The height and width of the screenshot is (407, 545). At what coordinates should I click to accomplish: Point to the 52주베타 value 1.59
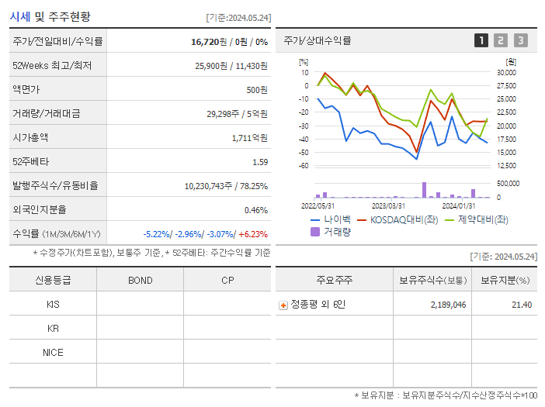click(x=259, y=162)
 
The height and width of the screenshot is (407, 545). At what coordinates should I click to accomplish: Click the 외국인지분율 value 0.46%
click(x=255, y=210)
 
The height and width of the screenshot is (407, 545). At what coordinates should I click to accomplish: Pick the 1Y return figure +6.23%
click(x=252, y=234)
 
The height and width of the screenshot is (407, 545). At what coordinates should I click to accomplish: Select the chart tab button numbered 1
click(x=481, y=40)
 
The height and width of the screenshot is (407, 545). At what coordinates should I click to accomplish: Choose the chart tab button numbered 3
click(x=520, y=40)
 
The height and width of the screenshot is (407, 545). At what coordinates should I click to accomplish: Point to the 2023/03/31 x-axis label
click(x=388, y=205)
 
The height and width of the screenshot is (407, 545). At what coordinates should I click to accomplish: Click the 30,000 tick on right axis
click(x=505, y=73)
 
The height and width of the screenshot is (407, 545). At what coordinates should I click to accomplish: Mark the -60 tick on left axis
click(x=304, y=166)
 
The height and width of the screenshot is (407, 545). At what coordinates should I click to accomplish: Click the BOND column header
click(x=140, y=281)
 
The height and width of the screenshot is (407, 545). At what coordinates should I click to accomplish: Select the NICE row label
click(x=53, y=353)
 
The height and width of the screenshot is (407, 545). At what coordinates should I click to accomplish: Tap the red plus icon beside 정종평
click(x=283, y=305)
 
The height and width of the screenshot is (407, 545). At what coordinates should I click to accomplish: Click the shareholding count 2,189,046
click(x=448, y=305)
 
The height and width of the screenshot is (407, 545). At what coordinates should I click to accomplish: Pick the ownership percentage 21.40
click(x=522, y=305)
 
